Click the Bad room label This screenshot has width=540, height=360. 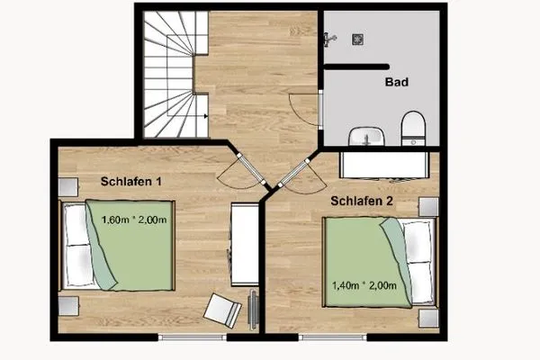(x=397, y=82)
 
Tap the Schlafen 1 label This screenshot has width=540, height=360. (x=131, y=181)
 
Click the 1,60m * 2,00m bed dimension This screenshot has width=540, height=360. (x=132, y=220)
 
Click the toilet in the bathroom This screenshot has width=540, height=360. (x=413, y=129)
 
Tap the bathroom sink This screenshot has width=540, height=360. (x=367, y=136)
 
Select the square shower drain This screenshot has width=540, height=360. (x=357, y=39)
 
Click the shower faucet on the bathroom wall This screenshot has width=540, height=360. (x=330, y=38)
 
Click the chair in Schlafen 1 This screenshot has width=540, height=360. (x=222, y=310)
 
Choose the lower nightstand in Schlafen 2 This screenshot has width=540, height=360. (x=427, y=319)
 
